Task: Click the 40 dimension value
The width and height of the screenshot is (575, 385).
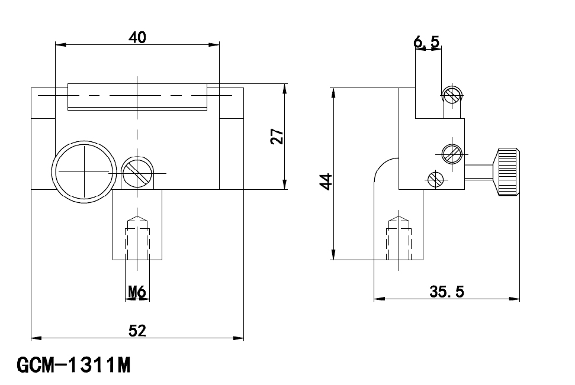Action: click(x=137, y=37)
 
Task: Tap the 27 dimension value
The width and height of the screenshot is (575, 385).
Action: click(x=277, y=136)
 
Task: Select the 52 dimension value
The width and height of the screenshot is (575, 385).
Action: click(x=137, y=331)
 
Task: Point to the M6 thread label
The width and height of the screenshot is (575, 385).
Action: click(x=137, y=292)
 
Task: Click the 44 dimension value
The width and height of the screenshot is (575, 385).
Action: click(x=326, y=182)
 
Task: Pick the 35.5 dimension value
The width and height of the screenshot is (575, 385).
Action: click(x=446, y=292)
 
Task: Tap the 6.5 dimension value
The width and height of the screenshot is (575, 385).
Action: click(x=426, y=41)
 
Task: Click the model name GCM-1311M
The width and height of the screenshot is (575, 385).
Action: click(x=73, y=365)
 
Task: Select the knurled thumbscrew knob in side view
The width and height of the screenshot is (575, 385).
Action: click(x=507, y=172)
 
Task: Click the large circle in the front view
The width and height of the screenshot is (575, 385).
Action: click(x=84, y=172)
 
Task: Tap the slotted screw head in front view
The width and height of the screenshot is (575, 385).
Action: click(x=137, y=173)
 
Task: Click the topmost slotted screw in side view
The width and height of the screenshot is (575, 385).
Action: click(x=452, y=95)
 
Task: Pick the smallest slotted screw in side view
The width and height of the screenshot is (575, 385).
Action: click(x=436, y=179)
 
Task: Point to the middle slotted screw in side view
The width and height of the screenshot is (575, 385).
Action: click(x=452, y=154)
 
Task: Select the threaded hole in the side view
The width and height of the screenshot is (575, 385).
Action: click(x=399, y=238)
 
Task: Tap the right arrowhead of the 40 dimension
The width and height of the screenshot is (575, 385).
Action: click(x=214, y=45)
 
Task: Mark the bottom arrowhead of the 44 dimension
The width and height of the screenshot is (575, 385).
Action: click(x=333, y=254)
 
